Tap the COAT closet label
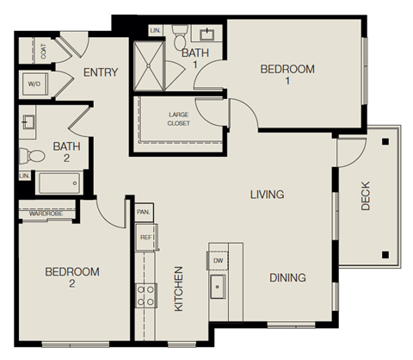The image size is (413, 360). point(44,51)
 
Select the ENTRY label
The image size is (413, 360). point(100,73)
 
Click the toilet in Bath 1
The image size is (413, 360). point(180,37)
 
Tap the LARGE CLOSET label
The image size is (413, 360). point(179,117)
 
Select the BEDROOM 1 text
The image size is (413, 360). point(288,74)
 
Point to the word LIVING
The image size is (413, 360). point(267,195)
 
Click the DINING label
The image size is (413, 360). point(287,277)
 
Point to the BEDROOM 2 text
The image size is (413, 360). point(72,277)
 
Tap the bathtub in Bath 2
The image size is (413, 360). point(59,182)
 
